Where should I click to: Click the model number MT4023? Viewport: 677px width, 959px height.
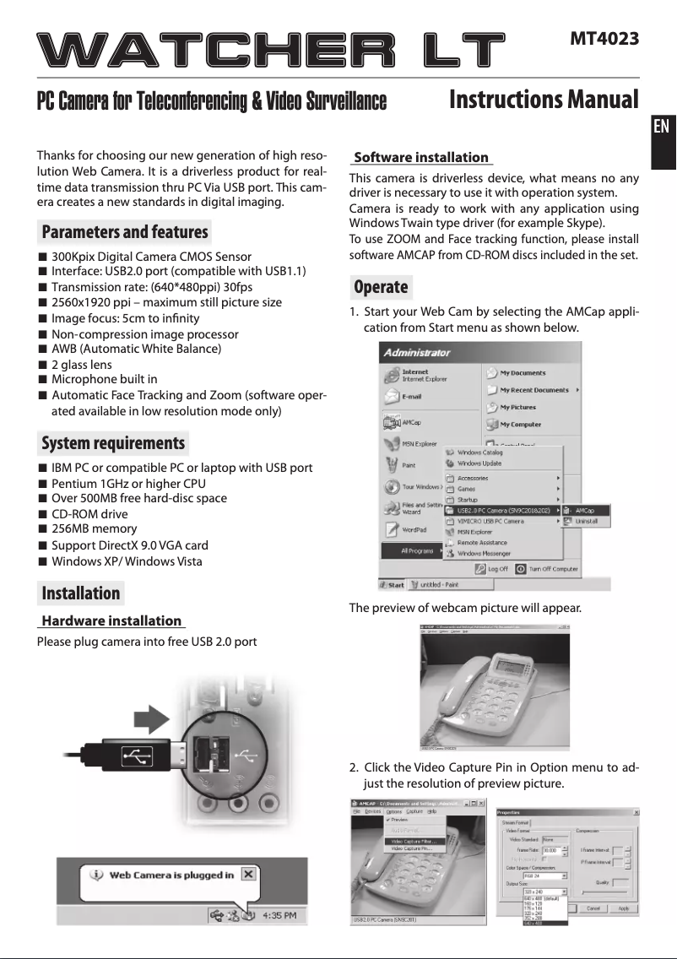click(604, 39)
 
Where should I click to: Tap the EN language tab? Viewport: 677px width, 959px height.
click(662, 127)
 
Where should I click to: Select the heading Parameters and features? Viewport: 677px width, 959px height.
click(125, 231)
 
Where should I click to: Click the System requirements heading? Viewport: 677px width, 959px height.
click(113, 443)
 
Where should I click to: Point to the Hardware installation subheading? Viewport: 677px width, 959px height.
click(111, 620)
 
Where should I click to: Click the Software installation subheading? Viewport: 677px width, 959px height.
click(421, 157)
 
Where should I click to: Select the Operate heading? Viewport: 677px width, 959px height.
click(381, 287)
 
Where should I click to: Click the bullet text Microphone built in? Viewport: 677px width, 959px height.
click(105, 380)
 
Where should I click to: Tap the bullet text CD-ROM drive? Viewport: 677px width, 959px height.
click(90, 513)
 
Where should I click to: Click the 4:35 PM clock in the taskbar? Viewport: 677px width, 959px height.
click(277, 915)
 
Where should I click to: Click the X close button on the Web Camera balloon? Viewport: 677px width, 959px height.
click(247, 874)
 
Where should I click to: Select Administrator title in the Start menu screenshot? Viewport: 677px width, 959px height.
click(417, 352)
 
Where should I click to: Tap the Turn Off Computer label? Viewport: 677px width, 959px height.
click(553, 569)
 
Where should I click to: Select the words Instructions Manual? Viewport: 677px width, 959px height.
click(544, 100)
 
